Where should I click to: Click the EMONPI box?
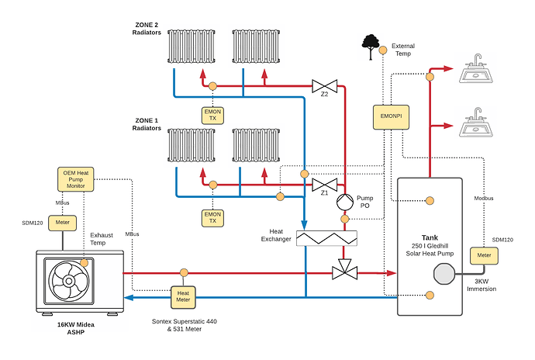coord(391,117)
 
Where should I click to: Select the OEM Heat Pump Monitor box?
coord(75,179)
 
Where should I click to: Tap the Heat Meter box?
coord(183,297)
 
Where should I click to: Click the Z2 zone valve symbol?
coord(324,86)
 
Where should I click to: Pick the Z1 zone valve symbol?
coord(324,185)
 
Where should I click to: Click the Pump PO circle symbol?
coord(345,202)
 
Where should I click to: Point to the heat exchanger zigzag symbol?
coord(326,238)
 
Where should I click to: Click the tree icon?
coord(371,47)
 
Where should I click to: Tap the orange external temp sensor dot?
coord(383,50)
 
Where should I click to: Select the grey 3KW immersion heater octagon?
coord(444,274)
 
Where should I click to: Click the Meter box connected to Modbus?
coord(484,256)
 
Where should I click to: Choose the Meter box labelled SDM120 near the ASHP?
coord(62,223)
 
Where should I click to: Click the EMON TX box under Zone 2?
coord(212,115)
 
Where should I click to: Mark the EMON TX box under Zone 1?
coord(212,218)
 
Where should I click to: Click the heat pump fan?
coord(69,281)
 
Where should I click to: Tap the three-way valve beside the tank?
coord(344,270)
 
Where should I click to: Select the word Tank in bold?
coord(430,237)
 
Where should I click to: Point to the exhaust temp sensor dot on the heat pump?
coord(84,263)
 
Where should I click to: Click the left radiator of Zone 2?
coord(191,47)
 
